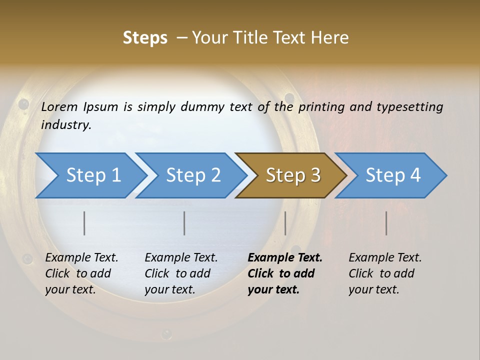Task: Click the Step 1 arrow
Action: (93, 175)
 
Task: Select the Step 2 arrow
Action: (193, 175)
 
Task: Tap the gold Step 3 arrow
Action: (293, 175)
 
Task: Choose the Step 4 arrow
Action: (393, 175)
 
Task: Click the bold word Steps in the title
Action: (145, 38)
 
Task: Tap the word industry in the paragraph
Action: (65, 125)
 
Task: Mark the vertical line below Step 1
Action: (84, 223)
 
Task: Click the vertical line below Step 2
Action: (184, 223)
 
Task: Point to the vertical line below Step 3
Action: (285, 223)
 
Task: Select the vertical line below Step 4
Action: (386, 223)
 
